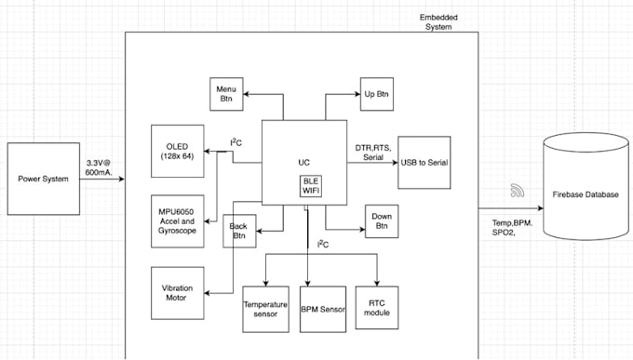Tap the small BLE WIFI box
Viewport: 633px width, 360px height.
point(310,186)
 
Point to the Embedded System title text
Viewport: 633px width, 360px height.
point(436,22)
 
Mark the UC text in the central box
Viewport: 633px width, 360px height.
point(303,161)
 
